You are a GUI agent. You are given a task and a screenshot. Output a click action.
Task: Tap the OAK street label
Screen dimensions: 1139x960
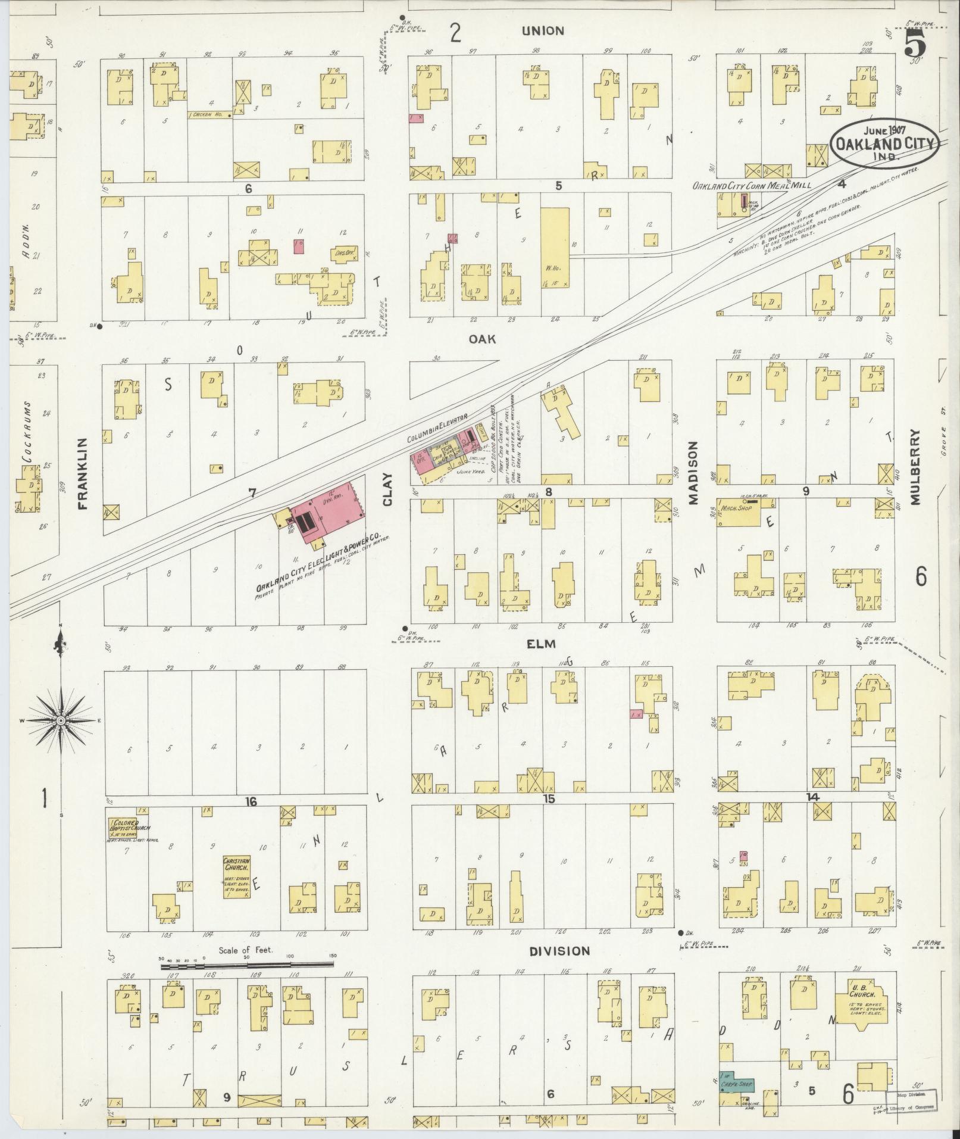tap(482, 339)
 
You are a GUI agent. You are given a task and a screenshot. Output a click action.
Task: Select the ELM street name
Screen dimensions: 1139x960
tap(541, 644)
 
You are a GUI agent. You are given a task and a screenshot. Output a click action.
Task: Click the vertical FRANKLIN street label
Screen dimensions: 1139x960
tap(82, 474)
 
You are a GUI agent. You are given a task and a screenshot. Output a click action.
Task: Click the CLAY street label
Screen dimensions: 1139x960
tap(388, 489)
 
